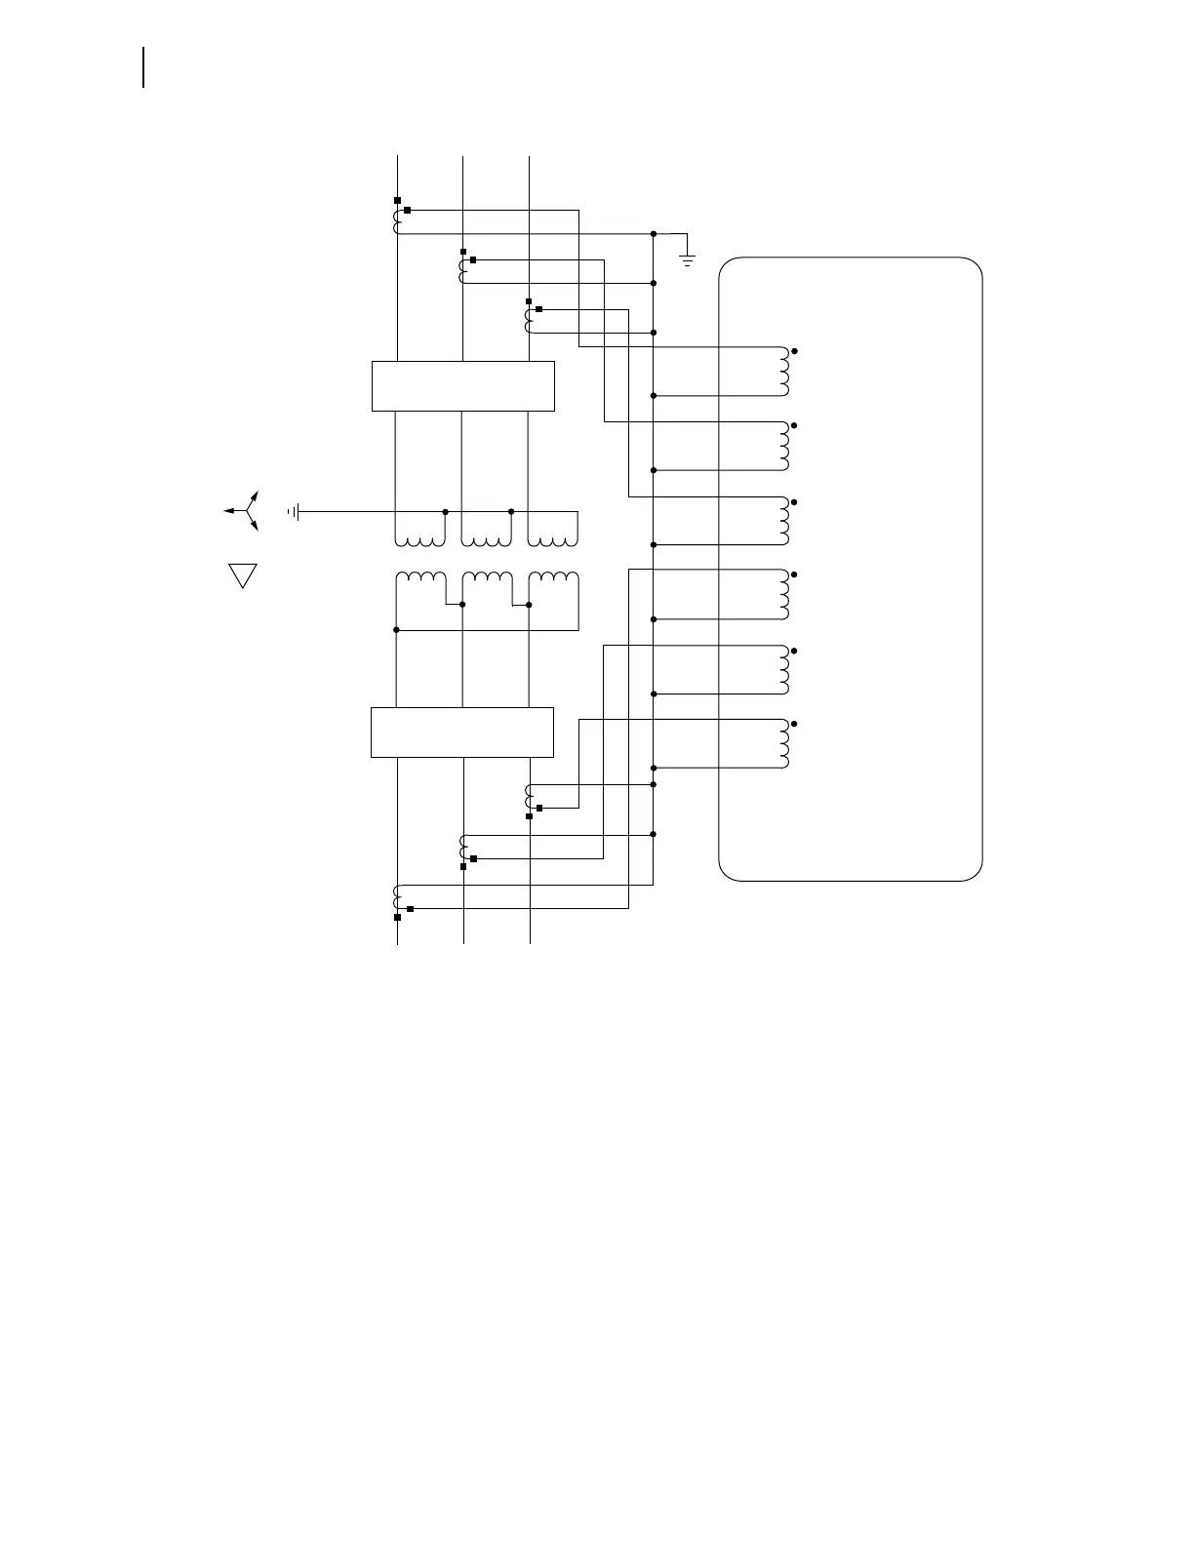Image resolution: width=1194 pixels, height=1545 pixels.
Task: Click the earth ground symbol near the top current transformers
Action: click(x=688, y=258)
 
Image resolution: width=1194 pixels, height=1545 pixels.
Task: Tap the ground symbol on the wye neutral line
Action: click(x=294, y=511)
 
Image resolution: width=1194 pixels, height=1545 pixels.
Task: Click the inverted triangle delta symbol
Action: click(x=242, y=574)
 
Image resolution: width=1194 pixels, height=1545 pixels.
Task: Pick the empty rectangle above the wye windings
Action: click(x=463, y=385)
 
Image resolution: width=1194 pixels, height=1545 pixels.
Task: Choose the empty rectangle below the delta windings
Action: click(x=462, y=732)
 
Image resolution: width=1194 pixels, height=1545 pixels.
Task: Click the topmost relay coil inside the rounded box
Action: click(x=783, y=372)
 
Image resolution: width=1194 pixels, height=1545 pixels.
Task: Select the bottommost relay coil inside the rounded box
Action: click(x=783, y=744)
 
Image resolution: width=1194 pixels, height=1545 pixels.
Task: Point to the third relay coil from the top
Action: click(x=783, y=521)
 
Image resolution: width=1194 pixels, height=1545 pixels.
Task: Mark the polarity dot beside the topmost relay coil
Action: click(x=796, y=350)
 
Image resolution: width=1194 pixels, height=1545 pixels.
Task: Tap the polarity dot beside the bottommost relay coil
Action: click(x=796, y=724)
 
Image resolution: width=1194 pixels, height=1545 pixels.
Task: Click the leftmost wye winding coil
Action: click(x=420, y=539)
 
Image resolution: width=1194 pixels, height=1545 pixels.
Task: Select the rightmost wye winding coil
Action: click(x=552, y=539)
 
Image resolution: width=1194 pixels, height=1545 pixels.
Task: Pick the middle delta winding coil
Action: click(x=487, y=578)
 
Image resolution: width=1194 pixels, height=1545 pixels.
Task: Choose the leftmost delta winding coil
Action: click(x=420, y=578)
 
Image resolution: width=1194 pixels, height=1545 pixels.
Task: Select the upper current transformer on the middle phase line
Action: click(x=462, y=271)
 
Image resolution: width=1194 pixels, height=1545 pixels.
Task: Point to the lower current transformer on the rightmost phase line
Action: click(x=529, y=796)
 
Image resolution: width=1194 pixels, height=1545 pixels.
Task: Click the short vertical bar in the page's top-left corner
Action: click(x=144, y=67)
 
